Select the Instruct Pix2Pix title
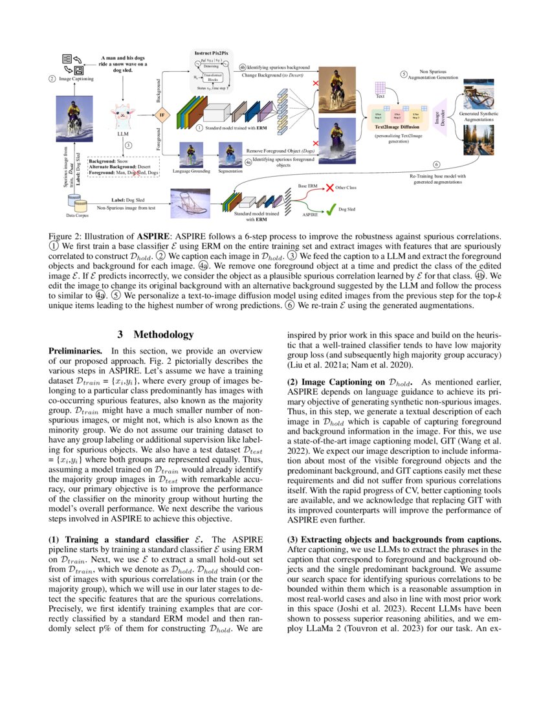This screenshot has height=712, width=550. [212, 52]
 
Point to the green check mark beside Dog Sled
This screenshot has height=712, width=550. [329, 209]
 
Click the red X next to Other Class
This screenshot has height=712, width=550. [329, 188]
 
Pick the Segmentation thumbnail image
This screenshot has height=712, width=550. [230, 155]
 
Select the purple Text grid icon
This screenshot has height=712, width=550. [380, 87]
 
